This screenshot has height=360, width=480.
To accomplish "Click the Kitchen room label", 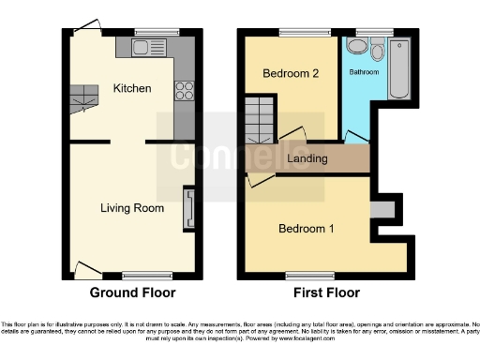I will (132, 88).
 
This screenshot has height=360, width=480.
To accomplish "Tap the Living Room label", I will (127, 207).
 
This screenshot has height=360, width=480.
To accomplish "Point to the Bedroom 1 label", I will (306, 228).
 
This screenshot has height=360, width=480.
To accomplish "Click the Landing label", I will (307, 158).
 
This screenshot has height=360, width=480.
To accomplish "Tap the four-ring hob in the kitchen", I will (184, 91).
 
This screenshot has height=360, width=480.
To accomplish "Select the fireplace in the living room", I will (188, 207).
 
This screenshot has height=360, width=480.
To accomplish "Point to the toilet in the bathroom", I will (377, 49).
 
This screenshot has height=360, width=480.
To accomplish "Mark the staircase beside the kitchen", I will (84, 93).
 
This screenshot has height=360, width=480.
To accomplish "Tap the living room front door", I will (89, 271).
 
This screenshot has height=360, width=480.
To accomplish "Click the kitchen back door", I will (88, 28).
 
